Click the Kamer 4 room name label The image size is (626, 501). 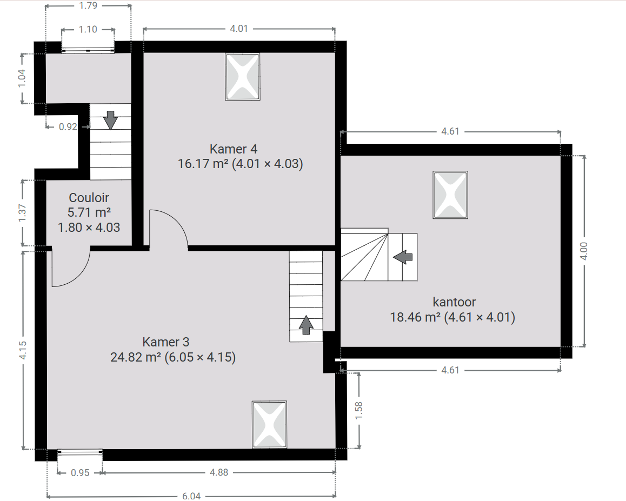tap(234, 149)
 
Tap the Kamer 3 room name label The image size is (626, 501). tap(165, 342)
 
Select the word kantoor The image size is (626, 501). tap(454, 302)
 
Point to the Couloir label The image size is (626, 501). tap(89, 198)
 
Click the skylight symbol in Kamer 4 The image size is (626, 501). tap(243, 77)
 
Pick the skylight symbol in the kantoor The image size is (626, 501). tap(450, 195)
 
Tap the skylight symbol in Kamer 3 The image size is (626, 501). tap(270, 425)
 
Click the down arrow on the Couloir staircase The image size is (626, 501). tap(110, 120)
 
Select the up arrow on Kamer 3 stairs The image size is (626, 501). tap(306, 325)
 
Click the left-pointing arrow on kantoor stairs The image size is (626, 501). tap(403, 257)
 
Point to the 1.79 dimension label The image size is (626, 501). tap(88, 5)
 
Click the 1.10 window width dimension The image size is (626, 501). tap(88, 30)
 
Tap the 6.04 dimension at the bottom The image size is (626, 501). tap(191, 496)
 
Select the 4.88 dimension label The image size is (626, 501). tap(219, 473)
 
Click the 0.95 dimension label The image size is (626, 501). tap(80, 473)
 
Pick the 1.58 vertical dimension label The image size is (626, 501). tap(359, 410)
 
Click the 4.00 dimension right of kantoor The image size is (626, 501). tap(584, 251)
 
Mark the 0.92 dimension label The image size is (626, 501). tap(68, 127)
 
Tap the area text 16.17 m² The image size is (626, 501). tap(203, 164)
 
